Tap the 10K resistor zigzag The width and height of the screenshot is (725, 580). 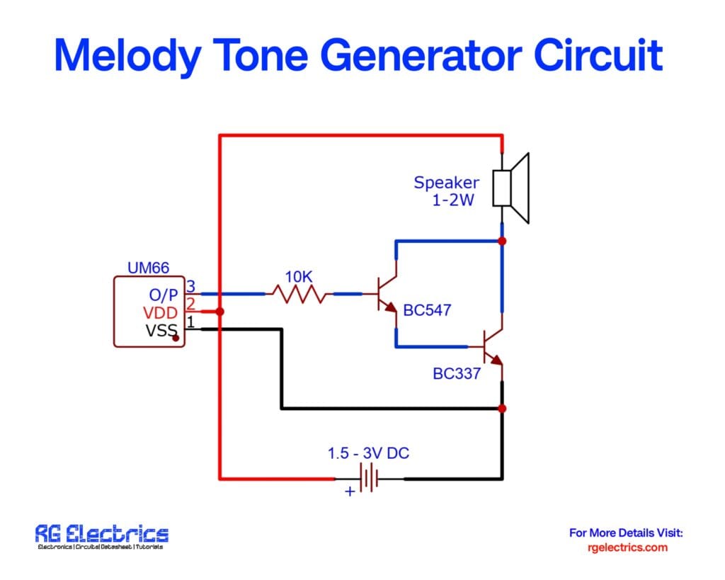299,293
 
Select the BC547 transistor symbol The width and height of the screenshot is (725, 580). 387,293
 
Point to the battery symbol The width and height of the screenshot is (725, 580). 369,479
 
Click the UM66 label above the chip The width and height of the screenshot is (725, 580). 149,268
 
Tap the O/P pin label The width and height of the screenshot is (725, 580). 163,295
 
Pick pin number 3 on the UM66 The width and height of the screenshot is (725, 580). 190,287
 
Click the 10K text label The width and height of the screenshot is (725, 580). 299,276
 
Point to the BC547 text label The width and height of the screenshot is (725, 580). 427,310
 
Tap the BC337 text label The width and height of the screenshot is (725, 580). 457,373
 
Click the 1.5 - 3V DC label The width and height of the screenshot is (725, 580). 367,453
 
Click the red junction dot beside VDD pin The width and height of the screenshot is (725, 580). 219,312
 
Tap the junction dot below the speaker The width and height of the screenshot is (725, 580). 502,241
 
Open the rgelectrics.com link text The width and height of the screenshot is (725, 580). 627,547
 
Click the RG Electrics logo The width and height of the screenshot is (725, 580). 102,537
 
